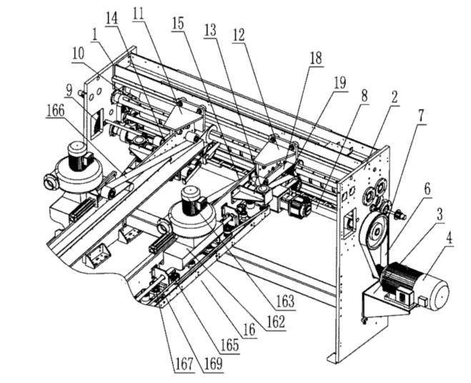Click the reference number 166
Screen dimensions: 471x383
click(56, 111)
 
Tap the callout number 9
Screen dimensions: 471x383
click(69, 90)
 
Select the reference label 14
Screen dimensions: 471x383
click(111, 19)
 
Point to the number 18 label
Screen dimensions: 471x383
click(316, 59)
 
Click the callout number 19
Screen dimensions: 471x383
click(340, 83)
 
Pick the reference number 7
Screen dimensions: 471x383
click(422, 116)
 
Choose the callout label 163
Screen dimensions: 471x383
click(286, 302)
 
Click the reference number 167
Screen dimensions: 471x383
click(184, 364)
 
